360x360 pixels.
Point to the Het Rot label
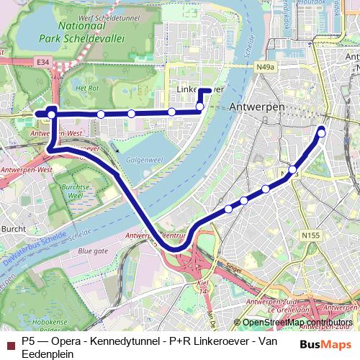pyautogui.click(x=86, y=88)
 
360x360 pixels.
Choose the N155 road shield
pyautogui.click(x=311, y=235)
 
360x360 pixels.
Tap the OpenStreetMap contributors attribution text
pyautogui.click(x=297, y=323)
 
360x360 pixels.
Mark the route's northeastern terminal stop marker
pyautogui.click(x=321, y=130)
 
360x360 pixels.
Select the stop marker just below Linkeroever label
pyautogui.click(x=200, y=107)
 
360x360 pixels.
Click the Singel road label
pyautogui.click(x=233, y=267)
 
